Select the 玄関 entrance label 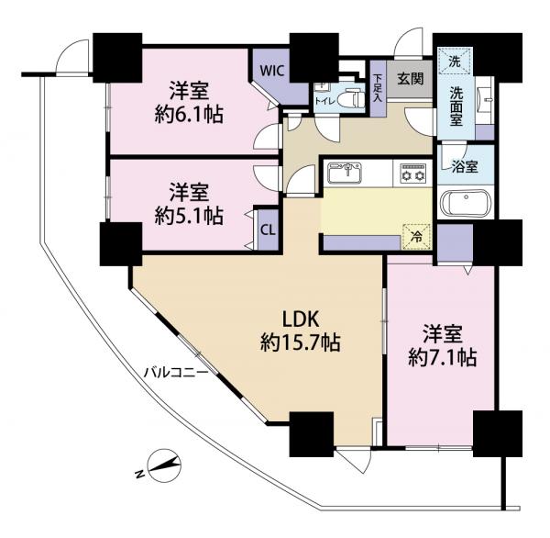pos(410,79)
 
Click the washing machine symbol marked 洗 pos(454,62)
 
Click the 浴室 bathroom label pos(465,168)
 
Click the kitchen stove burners pos(411,173)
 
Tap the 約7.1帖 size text pos(442,358)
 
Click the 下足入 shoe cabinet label pos(379,91)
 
